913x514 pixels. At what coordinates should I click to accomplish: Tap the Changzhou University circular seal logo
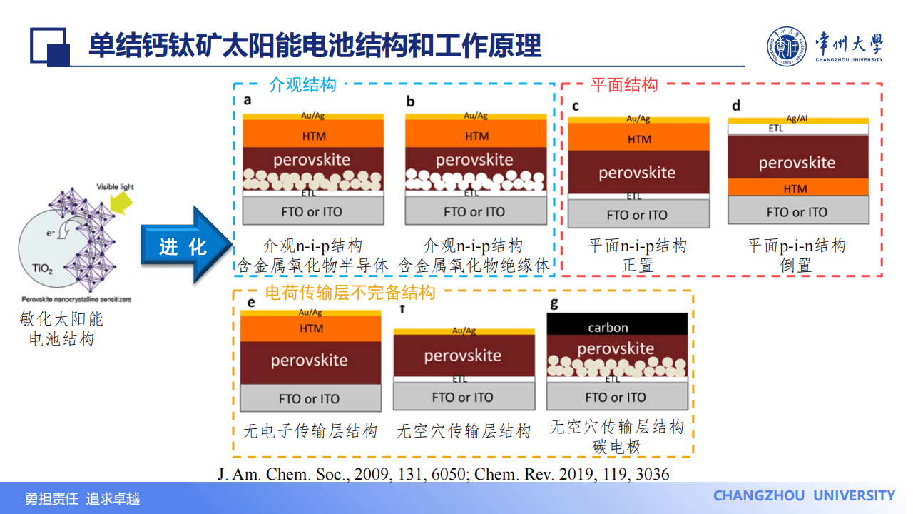[x=788, y=47]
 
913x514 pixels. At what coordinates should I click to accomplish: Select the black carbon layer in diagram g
[x=617, y=326]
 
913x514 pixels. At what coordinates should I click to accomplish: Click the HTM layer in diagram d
[x=797, y=188]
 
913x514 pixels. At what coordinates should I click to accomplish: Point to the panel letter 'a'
[x=248, y=100]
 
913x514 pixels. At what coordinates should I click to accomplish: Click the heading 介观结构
[x=302, y=85]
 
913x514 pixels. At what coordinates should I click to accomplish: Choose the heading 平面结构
[x=624, y=85]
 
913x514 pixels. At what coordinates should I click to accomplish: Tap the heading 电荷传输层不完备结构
[x=350, y=292]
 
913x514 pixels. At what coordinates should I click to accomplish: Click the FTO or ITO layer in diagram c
[x=638, y=215]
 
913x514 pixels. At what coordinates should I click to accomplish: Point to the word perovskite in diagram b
[x=474, y=159]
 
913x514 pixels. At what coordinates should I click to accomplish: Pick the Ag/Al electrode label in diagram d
[x=797, y=118]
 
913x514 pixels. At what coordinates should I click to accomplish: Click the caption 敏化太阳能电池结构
[x=61, y=328]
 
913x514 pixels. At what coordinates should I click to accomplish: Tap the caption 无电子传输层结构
[x=310, y=431]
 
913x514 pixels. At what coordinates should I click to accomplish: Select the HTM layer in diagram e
[x=311, y=329]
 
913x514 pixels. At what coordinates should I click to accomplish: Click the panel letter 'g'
[x=554, y=303]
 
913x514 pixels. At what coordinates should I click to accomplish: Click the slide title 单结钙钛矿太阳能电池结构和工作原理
[x=315, y=46]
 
